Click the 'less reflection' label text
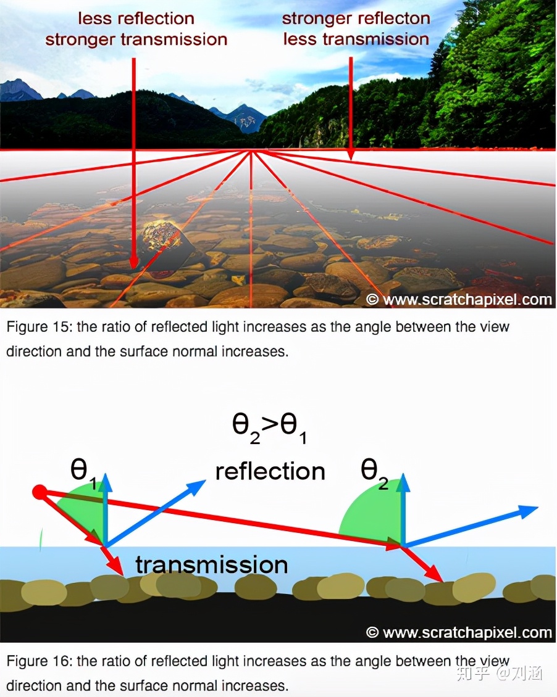coord(136,19)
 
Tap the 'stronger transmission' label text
coord(136,40)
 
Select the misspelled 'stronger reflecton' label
coord(356,19)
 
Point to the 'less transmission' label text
coord(356,39)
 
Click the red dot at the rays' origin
coord(40,492)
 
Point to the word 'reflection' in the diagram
coord(270,471)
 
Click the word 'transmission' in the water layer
coord(211,564)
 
